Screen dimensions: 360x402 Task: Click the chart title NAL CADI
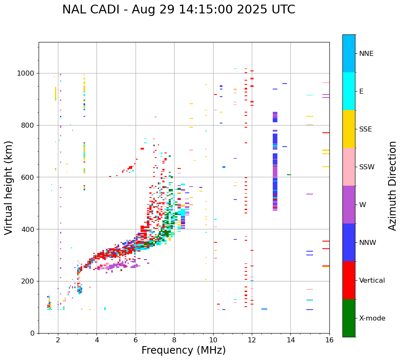pos(178,10)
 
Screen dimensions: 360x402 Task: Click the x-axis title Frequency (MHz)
pos(183,350)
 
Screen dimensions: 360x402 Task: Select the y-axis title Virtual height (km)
pos(9,187)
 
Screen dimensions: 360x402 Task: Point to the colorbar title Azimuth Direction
pos(392,186)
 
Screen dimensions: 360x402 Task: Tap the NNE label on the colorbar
pos(366,54)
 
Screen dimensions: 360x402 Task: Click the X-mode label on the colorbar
pos(372,318)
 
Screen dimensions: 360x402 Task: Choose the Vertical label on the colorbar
pos(372,281)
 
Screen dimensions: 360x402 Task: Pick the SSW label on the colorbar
pos(367,167)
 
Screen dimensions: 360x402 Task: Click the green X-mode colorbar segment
pos(349,318)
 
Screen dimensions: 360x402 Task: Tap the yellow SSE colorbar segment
pos(349,129)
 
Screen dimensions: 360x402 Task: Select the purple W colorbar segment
pos(349,205)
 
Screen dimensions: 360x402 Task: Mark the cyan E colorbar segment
pos(349,91)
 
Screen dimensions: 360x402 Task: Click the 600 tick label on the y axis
pos(29,177)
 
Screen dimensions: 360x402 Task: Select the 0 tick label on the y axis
pos(32,333)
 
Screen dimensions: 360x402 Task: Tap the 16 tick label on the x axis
pos(329,340)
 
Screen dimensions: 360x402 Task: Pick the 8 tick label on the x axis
pos(174,340)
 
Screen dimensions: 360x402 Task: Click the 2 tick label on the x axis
pos(58,340)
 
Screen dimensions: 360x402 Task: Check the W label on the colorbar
pos(363,205)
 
